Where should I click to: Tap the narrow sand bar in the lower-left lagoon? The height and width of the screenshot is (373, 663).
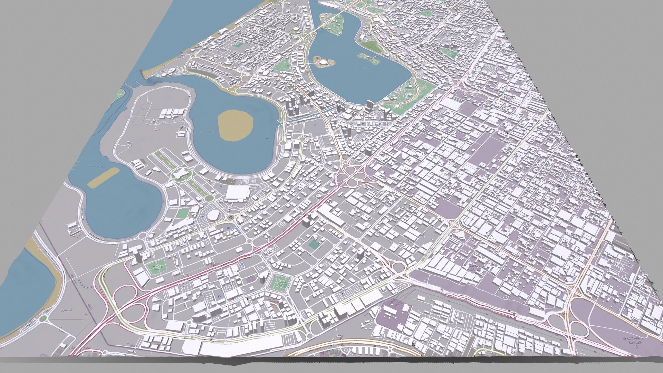tap(103, 178)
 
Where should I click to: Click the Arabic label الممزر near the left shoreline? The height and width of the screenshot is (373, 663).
tap(66, 310)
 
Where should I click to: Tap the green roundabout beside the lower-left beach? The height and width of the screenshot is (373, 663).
tap(42, 318)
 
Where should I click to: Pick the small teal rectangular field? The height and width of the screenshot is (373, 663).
tap(314, 245)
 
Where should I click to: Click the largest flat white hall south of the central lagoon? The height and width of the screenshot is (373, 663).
tap(237, 193)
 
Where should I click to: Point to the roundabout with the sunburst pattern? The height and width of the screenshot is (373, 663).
tap(230, 218)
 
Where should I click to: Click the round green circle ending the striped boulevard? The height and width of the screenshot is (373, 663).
tap(209, 198)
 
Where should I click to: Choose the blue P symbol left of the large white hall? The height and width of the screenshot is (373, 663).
tap(221, 186)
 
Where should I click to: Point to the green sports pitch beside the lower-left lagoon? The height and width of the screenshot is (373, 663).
tap(183, 213)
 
